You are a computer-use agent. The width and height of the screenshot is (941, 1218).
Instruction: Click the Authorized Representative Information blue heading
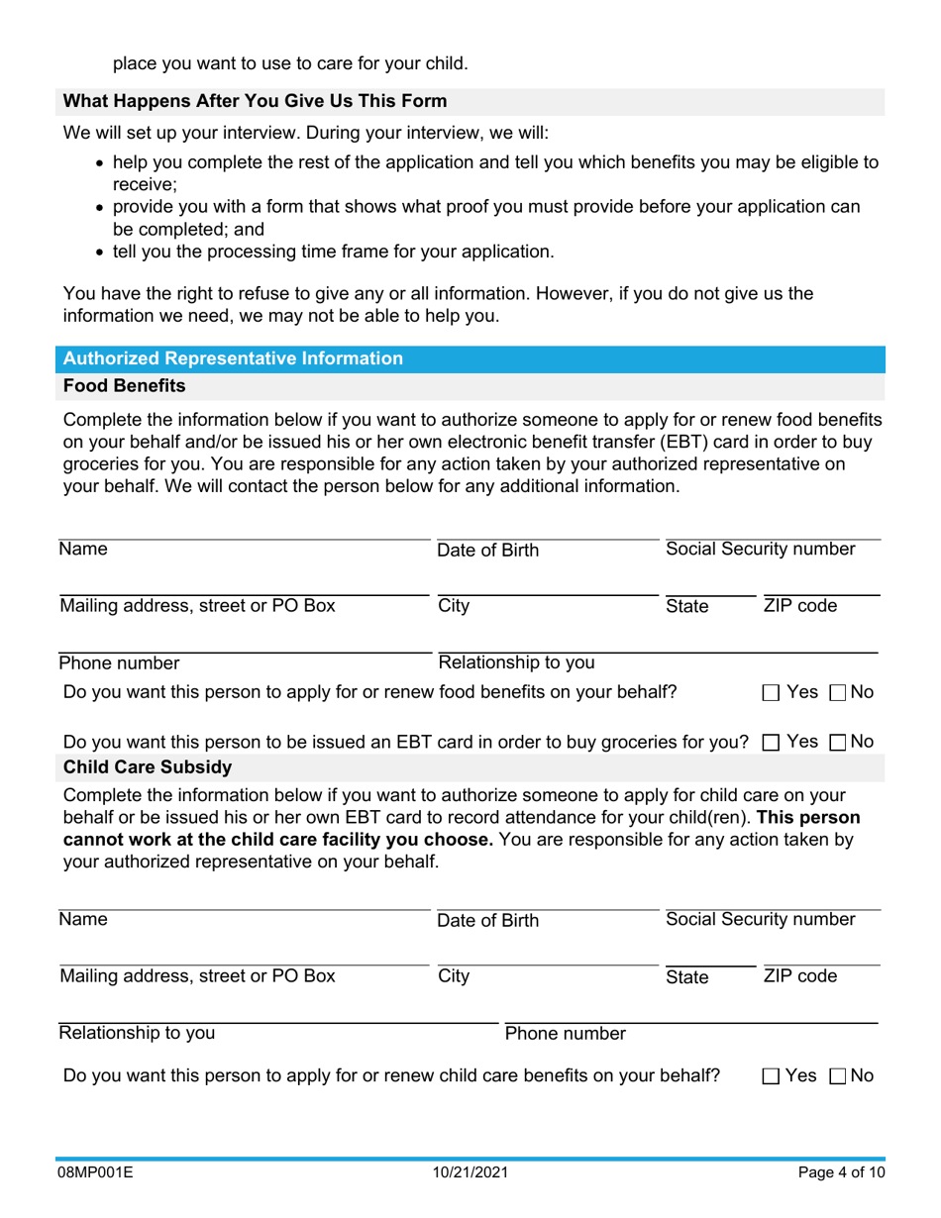pyautogui.click(x=233, y=358)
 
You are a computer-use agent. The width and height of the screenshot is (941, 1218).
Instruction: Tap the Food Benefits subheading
pyautogui.click(x=124, y=385)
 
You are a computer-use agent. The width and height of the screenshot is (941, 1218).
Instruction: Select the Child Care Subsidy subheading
pyautogui.click(x=148, y=766)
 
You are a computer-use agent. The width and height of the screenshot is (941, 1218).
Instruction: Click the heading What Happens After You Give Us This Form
pyautogui.click(x=255, y=101)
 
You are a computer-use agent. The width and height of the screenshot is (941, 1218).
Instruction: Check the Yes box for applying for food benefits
pyautogui.click(x=771, y=693)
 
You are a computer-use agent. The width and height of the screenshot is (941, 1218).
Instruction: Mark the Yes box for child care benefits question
pyautogui.click(x=771, y=1076)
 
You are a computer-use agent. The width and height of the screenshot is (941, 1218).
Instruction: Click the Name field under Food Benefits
pyautogui.click(x=244, y=529)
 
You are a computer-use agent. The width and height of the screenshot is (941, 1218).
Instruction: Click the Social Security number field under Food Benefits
pyautogui.click(x=772, y=529)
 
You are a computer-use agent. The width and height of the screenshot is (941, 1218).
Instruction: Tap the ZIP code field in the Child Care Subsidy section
pyautogui.click(x=820, y=955)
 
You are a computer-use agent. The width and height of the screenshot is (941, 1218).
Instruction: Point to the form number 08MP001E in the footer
pyautogui.click(x=96, y=1173)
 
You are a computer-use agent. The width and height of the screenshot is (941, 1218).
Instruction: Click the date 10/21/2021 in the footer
pyautogui.click(x=470, y=1173)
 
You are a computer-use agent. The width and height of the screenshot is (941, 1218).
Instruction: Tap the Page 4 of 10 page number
pyautogui.click(x=840, y=1173)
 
